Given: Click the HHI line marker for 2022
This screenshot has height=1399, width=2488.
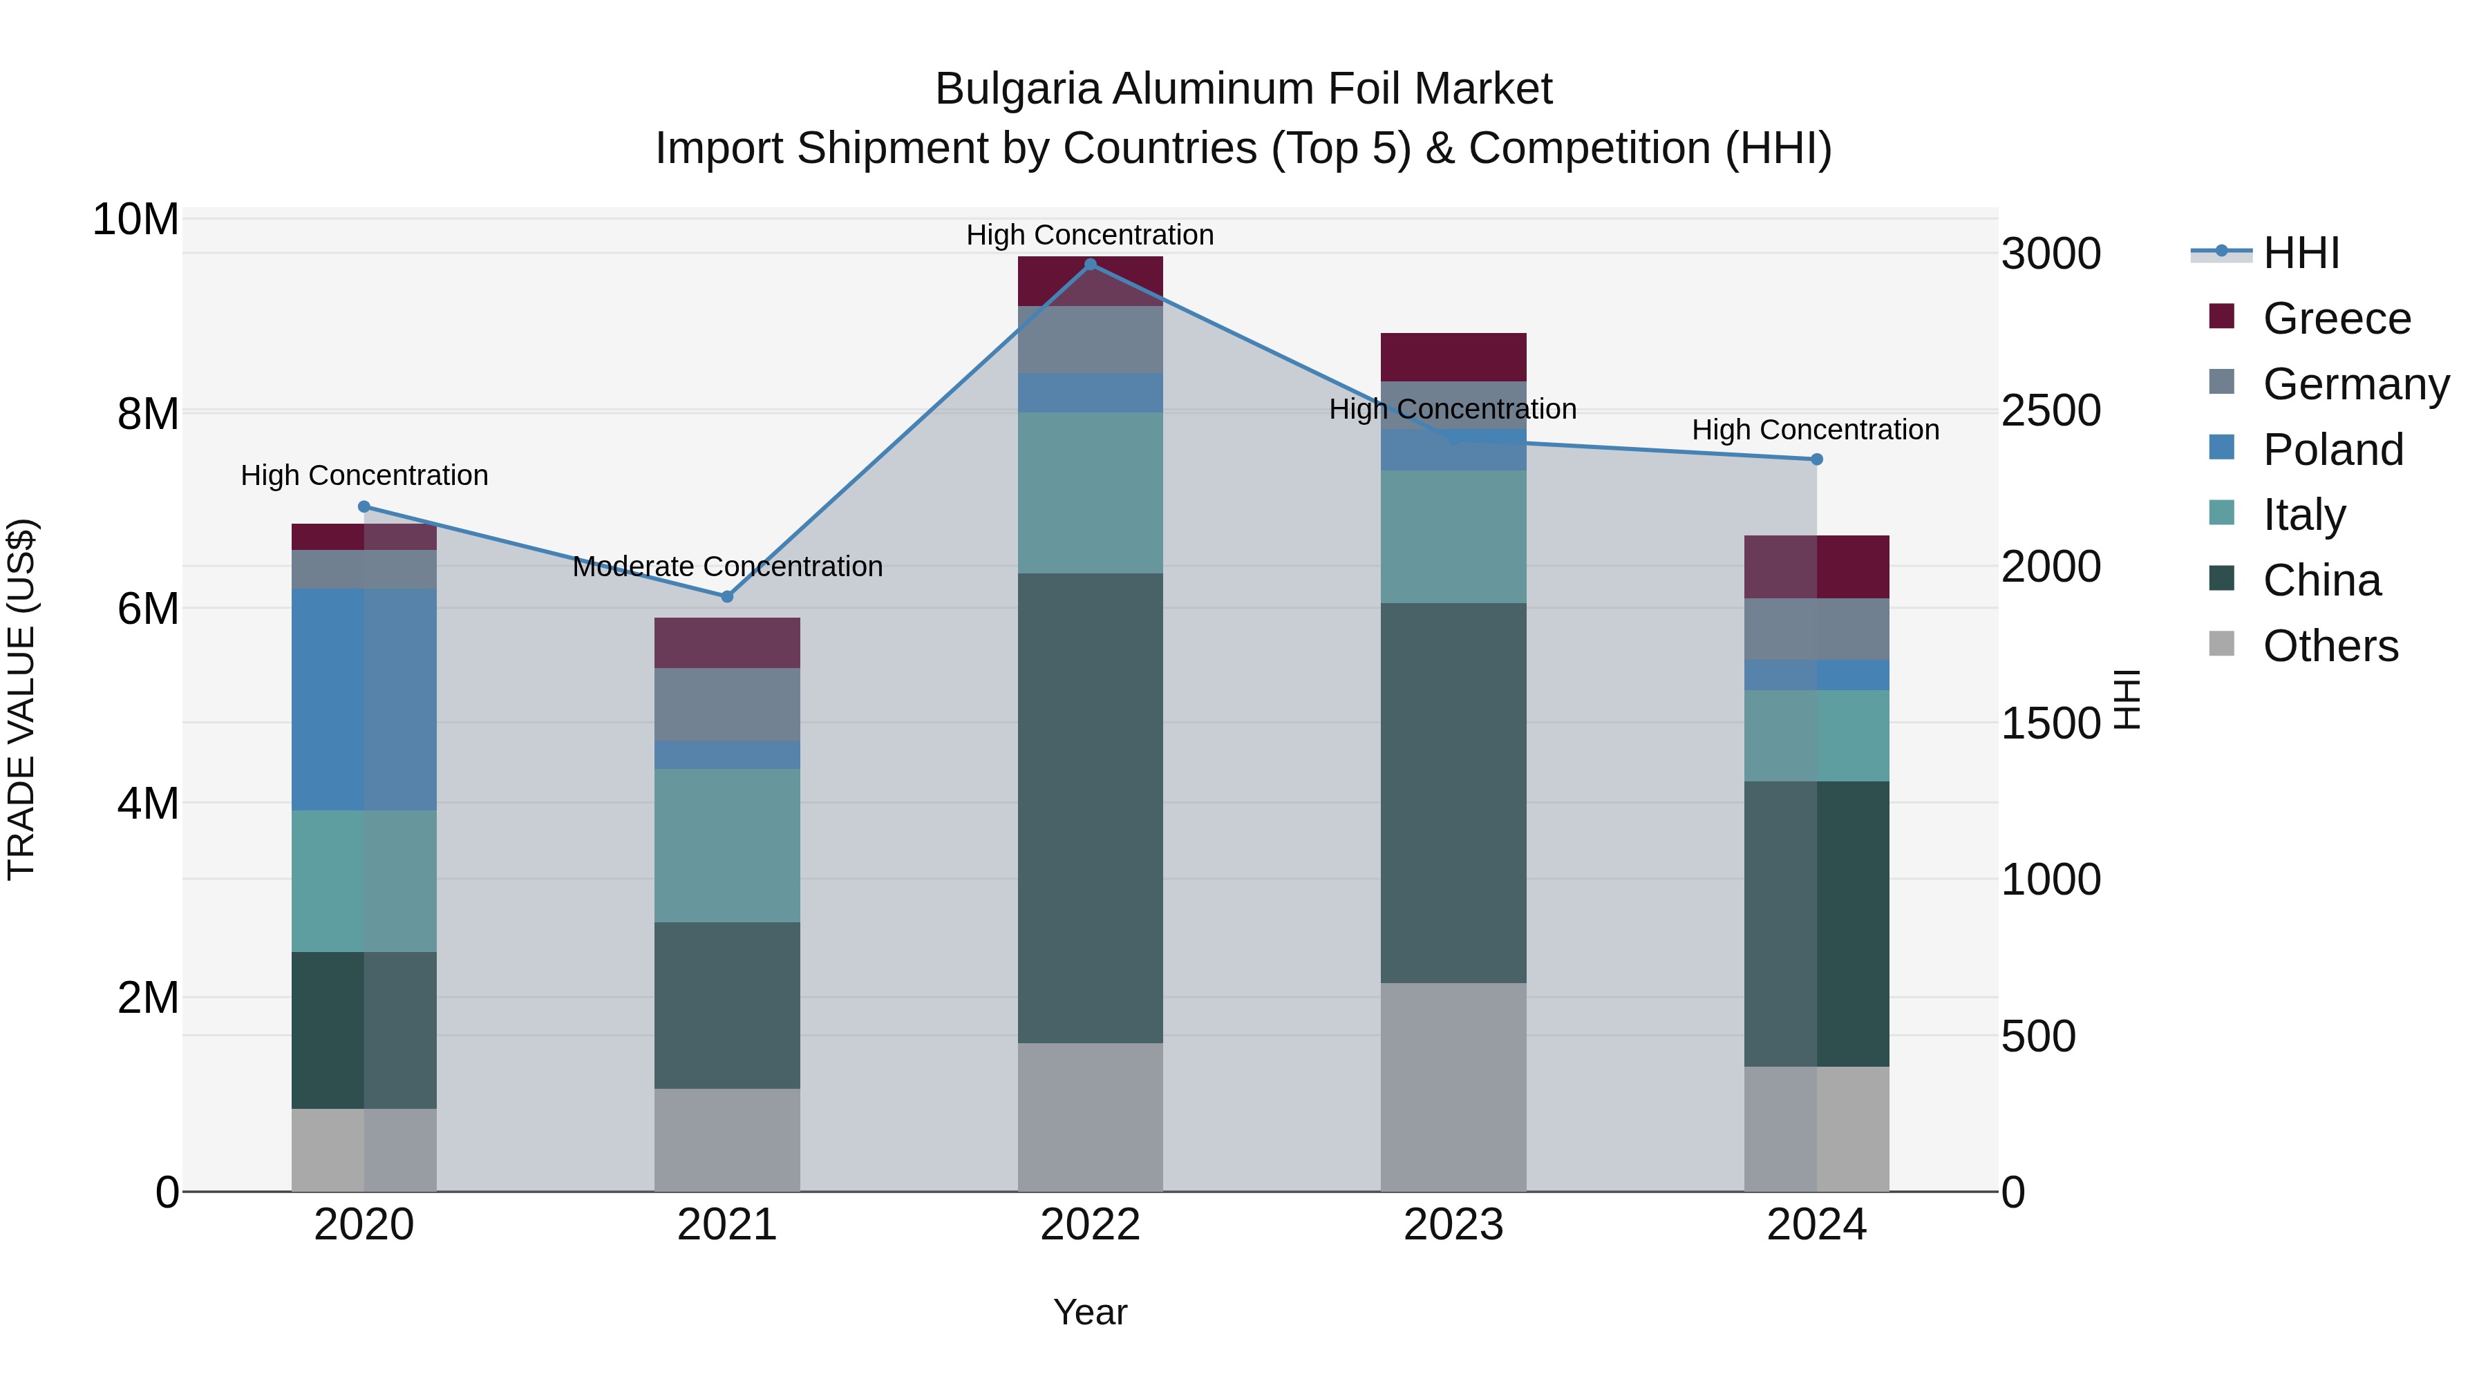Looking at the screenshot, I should pyautogui.click(x=1091, y=265).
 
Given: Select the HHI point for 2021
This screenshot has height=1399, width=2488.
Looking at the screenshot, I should pyautogui.click(x=727, y=597).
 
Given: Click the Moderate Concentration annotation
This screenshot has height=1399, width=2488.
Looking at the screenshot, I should pyautogui.click(x=727, y=567).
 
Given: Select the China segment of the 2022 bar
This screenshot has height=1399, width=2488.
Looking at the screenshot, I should pyautogui.click(x=1091, y=808).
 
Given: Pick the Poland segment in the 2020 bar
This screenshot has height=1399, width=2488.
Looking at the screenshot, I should pyautogui.click(x=364, y=699).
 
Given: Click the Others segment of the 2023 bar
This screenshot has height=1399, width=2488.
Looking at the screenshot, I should pyautogui.click(x=1453, y=1087).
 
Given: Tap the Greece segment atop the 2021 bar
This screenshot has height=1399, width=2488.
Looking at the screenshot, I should pyautogui.click(x=727, y=643).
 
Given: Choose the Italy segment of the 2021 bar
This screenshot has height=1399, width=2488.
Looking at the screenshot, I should pyautogui.click(x=727, y=846).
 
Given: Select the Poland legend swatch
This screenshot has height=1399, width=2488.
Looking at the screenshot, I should pyautogui.click(x=2221, y=448).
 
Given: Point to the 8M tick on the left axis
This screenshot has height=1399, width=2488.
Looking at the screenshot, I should pyautogui.click(x=148, y=415).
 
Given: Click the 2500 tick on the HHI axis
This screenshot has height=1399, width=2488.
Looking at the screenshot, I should pyautogui.click(x=2051, y=410).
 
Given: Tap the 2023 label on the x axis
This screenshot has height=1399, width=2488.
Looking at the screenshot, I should pyautogui.click(x=1453, y=1225).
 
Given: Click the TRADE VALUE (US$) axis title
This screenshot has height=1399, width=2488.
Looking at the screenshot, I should pyautogui.click(x=21, y=699).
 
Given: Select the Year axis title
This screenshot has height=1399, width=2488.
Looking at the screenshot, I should pyautogui.click(x=1091, y=1312).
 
